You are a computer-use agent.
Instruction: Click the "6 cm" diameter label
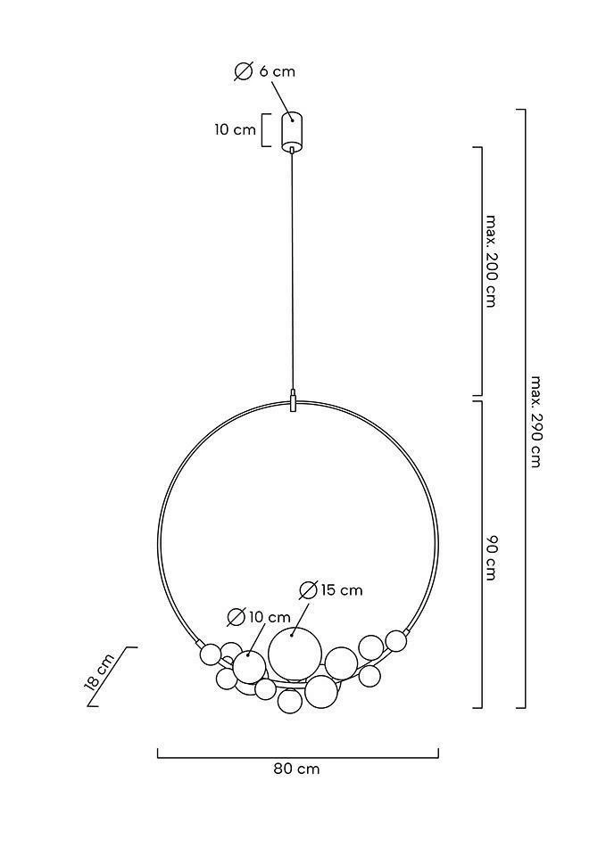coord(277,71)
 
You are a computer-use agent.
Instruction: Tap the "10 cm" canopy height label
coord(235,130)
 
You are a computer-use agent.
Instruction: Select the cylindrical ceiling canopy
coord(292,132)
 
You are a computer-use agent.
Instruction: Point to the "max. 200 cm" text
coord(491,261)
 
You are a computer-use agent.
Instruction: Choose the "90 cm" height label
coord(491,557)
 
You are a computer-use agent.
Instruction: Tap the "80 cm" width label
coord(296,769)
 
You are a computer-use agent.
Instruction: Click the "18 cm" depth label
coord(99,672)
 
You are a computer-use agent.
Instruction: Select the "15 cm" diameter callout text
coord(342,590)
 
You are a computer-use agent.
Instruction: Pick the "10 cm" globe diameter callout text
coord(270,617)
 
